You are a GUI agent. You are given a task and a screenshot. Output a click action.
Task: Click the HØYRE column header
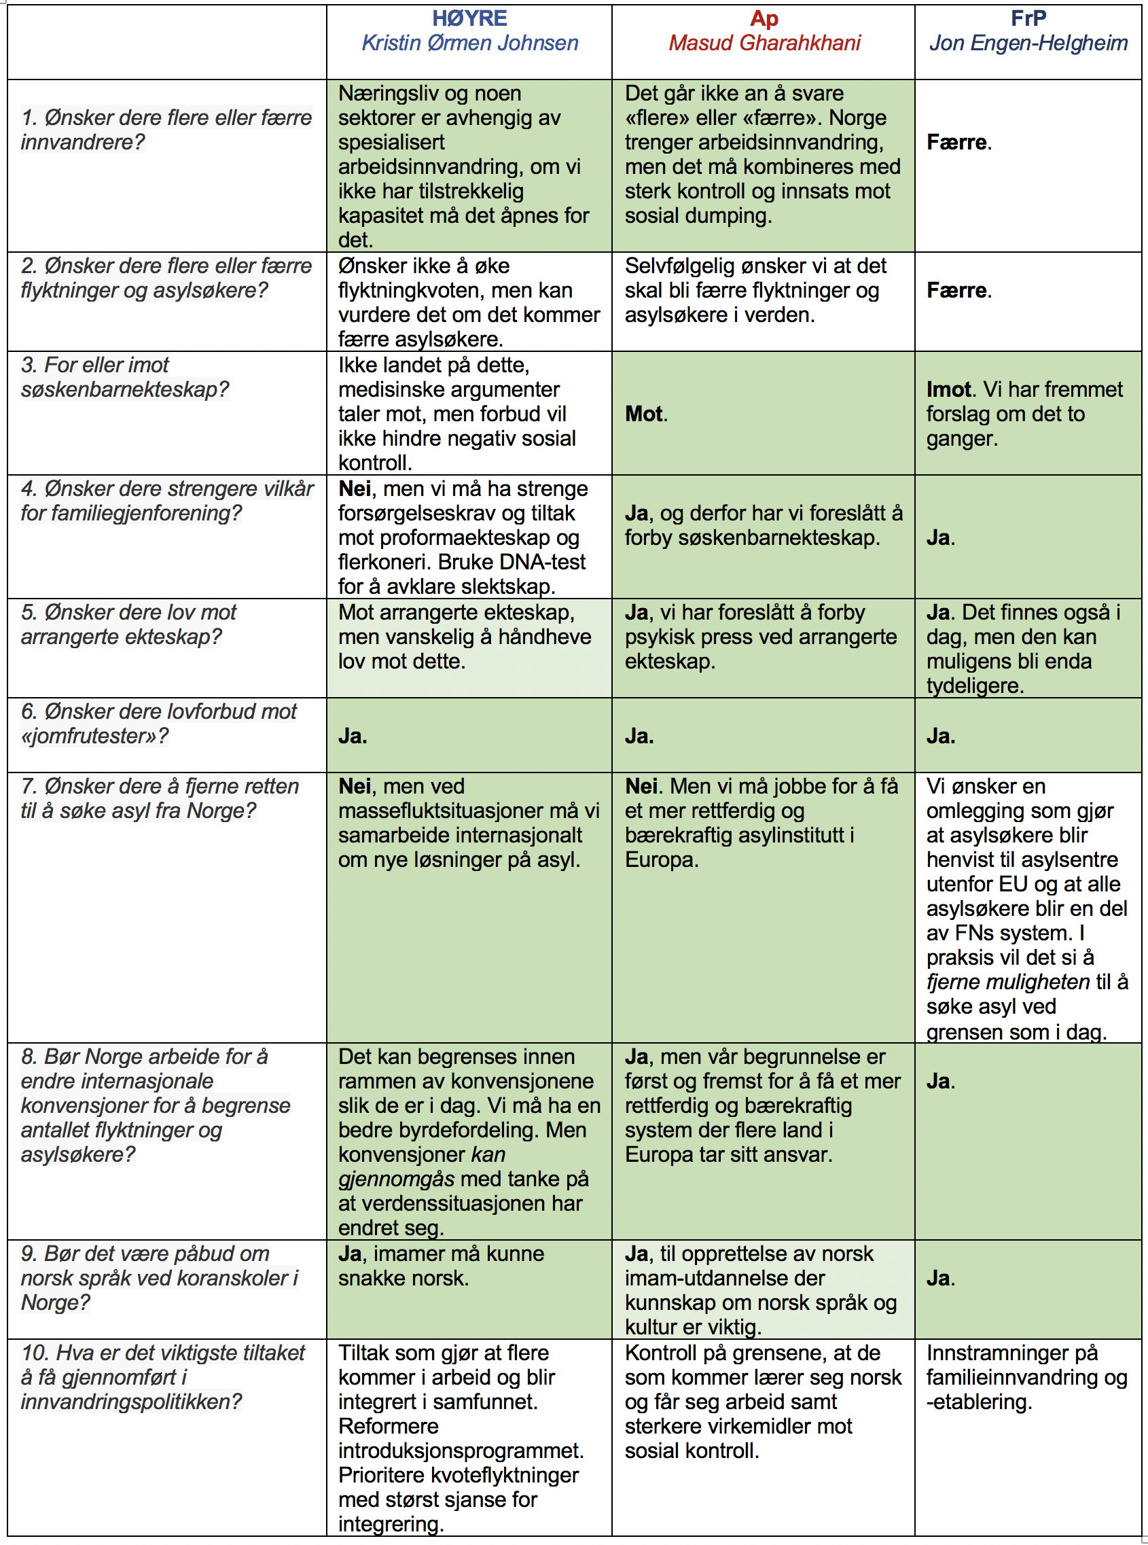(x=469, y=18)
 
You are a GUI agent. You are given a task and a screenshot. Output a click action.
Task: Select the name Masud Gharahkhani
(x=764, y=43)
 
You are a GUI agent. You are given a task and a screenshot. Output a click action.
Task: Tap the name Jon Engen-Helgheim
(x=1028, y=43)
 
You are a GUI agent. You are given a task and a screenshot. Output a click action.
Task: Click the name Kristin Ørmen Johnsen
(x=469, y=43)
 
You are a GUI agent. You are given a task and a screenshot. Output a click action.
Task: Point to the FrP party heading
(x=1028, y=18)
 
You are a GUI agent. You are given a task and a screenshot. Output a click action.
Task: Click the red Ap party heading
(x=764, y=19)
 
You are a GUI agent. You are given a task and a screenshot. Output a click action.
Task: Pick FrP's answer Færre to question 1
(x=957, y=143)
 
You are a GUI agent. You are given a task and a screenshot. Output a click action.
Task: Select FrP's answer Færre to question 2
(x=957, y=291)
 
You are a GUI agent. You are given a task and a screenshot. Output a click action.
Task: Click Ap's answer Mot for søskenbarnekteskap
(x=643, y=414)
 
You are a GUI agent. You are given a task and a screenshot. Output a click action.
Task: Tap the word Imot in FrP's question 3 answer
(x=948, y=390)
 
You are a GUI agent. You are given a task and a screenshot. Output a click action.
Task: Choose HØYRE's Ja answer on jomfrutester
(x=352, y=736)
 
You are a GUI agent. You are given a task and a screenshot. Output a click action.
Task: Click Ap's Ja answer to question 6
(x=638, y=736)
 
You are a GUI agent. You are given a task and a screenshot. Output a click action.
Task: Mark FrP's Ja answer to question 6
(x=939, y=736)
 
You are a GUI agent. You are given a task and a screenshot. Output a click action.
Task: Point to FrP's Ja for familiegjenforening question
(x=939, y=538)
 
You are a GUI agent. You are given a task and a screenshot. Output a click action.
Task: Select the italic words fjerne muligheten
(x=1007, y=982)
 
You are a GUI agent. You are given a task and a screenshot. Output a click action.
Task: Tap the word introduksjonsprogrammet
(x=460, y=1451)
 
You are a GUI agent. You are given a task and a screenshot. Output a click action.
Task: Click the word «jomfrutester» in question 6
(x=94, y=736)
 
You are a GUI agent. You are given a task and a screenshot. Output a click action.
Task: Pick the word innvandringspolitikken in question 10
(x=130, y=1402)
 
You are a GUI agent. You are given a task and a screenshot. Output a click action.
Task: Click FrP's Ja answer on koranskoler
(x=939, y=1278)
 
